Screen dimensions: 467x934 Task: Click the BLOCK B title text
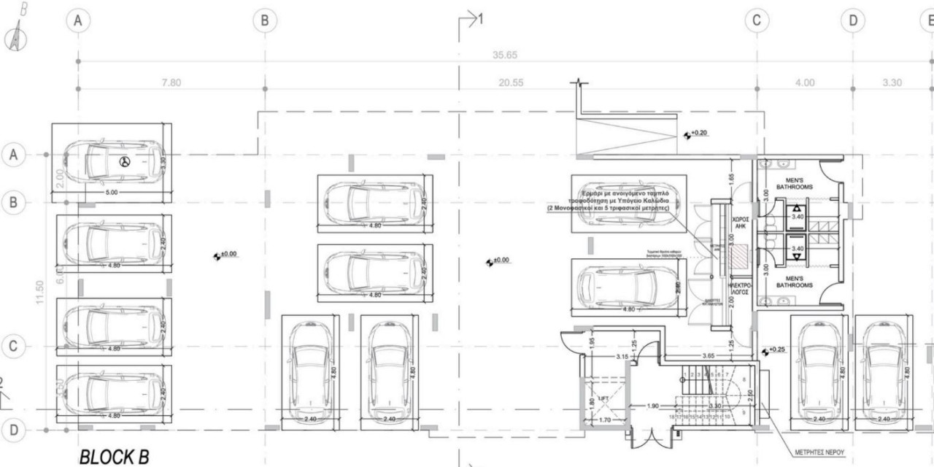pos(113,457)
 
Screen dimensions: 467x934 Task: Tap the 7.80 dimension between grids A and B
pos(171,82)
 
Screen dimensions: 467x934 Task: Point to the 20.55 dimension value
pos(511,82)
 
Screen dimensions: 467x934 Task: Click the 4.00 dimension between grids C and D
pos(804,82)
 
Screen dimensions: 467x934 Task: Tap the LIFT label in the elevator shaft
pos(603,398)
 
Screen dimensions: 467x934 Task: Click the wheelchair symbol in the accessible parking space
pos(124,161)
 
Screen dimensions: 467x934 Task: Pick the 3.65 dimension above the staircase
pos(707,355)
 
